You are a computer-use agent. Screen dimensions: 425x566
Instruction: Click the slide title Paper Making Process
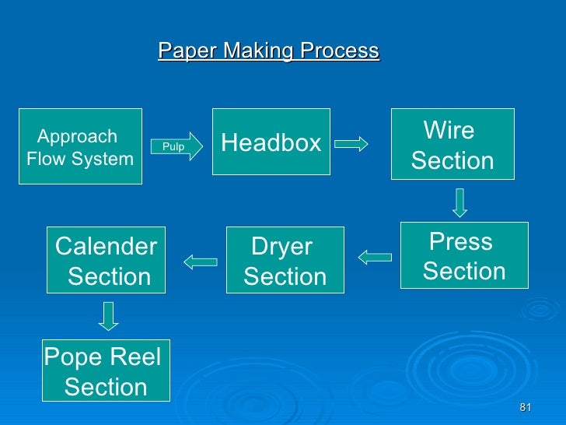coord(268,51)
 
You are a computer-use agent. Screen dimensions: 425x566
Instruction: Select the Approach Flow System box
coord(80,146)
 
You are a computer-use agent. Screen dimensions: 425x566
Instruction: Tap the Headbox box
coord(271,142)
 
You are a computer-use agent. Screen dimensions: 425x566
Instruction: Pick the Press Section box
coord(463,255)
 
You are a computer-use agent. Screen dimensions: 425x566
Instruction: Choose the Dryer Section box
coord(285,260)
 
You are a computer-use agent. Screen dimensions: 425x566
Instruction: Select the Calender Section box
coord(107,260)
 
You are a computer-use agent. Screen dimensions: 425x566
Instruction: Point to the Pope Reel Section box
coord(106,371)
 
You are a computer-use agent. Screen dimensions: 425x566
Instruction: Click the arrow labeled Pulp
coord(176,146)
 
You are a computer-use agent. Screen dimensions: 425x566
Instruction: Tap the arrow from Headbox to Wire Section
coord(351,143)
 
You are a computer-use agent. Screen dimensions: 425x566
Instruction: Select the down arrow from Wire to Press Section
coord(460,202)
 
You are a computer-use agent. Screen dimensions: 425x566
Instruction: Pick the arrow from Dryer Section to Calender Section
coord(200,261)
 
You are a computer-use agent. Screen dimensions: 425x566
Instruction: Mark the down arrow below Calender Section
coord(109,315)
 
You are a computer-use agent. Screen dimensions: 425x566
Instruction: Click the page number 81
coord(525,409)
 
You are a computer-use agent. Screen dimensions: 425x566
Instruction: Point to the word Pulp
coord(173,146)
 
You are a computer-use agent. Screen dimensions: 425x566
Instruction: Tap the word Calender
coord(107,247)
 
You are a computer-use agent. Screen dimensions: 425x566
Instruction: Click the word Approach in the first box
coord(78,137)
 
